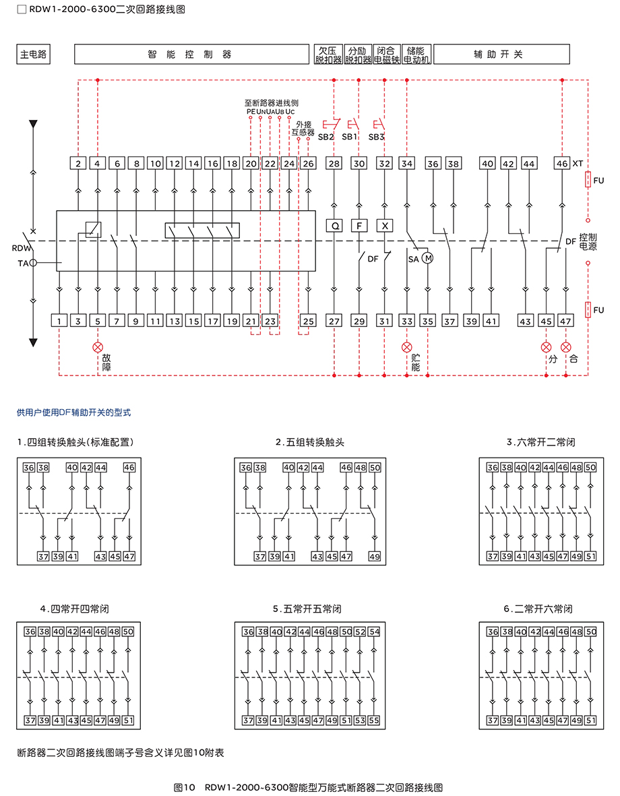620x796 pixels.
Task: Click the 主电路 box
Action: coord(34,55)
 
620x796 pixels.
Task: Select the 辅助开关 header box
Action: coord(501,55)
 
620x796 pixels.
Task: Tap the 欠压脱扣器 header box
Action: coord(329,55)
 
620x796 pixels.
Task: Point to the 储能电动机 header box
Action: coord(416,55)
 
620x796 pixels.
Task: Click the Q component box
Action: coord(334,226)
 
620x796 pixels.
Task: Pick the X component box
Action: coord(385,226)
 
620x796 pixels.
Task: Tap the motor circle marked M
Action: coord(428,258)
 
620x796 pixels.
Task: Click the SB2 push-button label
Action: coord(326,137)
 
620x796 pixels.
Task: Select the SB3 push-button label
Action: coord(376,137)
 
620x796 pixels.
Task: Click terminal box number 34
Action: coord(407,164)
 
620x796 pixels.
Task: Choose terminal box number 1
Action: coord(59,321)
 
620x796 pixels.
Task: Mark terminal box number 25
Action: coord(308,321)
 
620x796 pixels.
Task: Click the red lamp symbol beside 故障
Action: coord(98,347)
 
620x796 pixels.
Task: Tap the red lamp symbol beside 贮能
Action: coord(407,347)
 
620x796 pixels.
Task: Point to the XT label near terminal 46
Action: coord(578,164)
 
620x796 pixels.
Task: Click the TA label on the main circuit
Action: coord(23,263)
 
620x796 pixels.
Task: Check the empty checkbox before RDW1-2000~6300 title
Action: coord(22,9)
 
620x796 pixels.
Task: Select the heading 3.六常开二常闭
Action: coord(540,442)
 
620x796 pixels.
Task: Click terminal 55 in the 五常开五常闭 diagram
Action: coord(374,721)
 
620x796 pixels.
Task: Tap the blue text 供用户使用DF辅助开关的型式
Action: coord(73,412)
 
